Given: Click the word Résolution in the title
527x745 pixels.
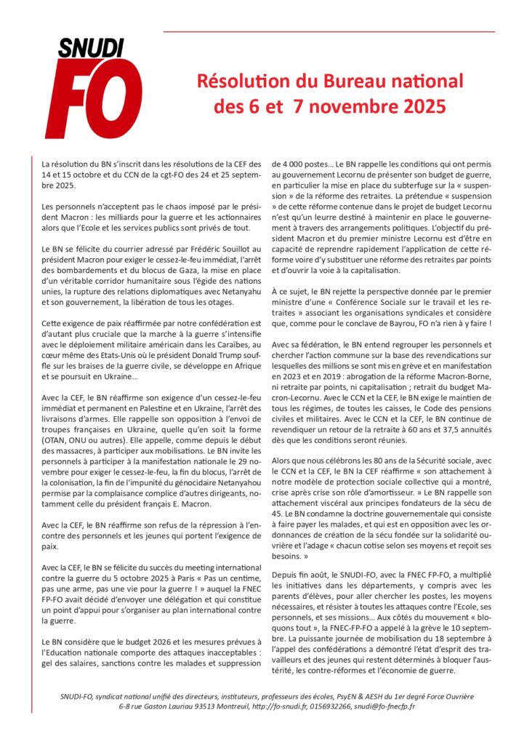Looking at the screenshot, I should [241, 81].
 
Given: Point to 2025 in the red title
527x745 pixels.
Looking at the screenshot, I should [418, 108].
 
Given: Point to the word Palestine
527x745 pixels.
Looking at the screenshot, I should [164, 408].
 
